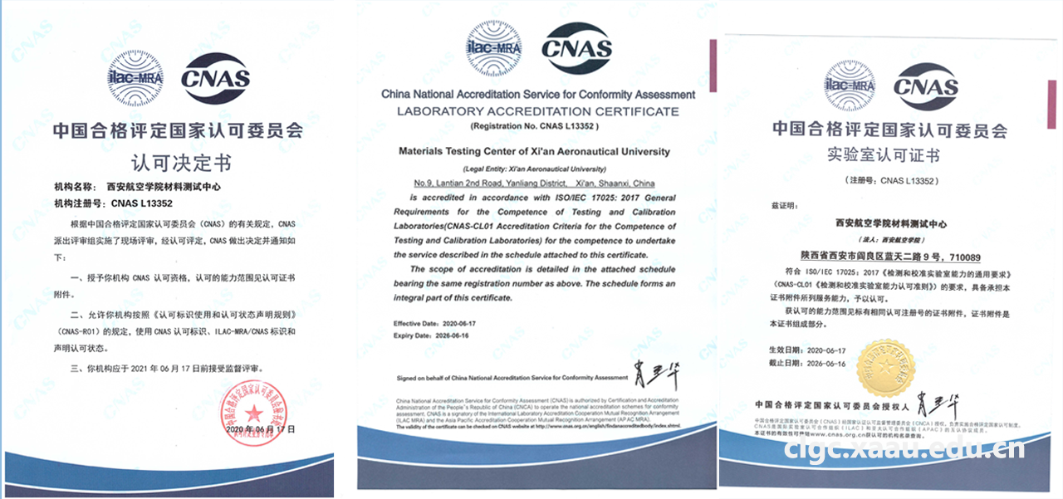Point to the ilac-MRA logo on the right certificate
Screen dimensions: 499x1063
pos(849,86)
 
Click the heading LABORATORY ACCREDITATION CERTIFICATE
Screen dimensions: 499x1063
pos(537,111)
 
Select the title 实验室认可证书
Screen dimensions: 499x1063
pos(890,155)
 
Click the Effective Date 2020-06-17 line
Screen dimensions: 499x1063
pos(436,323)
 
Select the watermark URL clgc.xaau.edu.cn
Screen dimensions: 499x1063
pos(905,449)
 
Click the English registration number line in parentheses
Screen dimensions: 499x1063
pos(534,126)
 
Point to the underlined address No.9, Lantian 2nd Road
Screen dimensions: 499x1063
pos(534,183)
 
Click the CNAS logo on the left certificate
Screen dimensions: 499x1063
pos(215,79)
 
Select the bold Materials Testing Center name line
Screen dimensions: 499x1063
pos(534,152)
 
